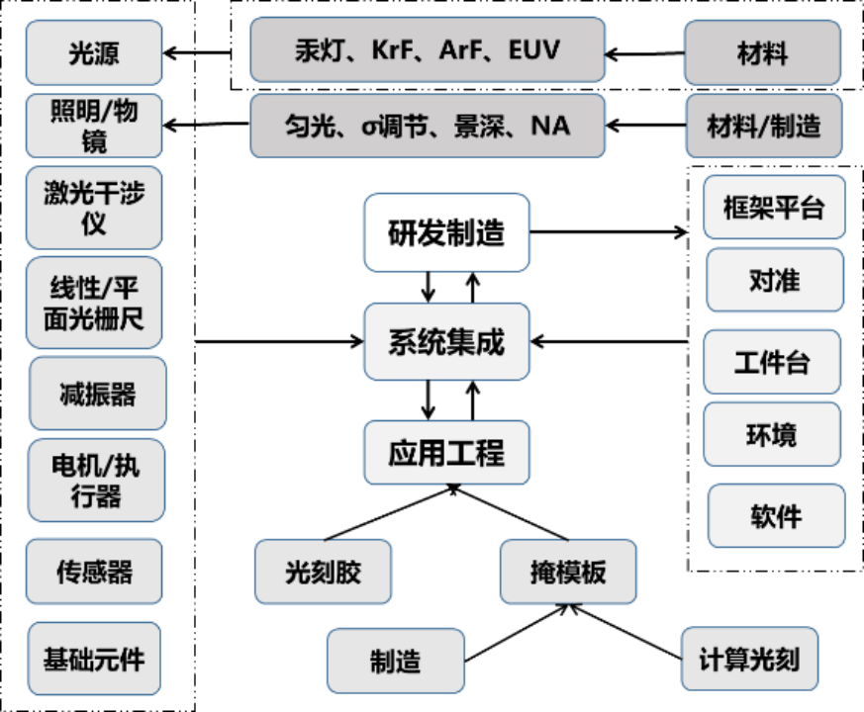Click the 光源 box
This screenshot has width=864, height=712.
tap(94, 53)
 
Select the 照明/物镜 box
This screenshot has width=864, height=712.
tap(94, 126)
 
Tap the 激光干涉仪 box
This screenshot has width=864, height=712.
tap(94, 208)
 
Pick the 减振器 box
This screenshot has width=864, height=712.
tap(98, 395)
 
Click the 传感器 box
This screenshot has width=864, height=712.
tap(94, 572)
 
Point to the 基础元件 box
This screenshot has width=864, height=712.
tap(94, 659)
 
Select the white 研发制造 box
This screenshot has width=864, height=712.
tap(446, 233)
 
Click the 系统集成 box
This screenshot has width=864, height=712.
tap(446, 342)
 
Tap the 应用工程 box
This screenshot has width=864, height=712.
tap(446, 453)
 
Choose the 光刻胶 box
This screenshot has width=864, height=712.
tap(324, 572)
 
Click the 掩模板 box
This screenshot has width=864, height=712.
tap(568, 572)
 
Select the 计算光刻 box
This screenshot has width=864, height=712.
tap(749, 659)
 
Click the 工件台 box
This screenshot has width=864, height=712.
tap(772, 362)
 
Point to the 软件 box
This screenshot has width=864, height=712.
tap(777, 516)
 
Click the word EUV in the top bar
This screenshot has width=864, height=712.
tap(533, 50)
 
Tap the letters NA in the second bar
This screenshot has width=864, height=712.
tap(550, 126)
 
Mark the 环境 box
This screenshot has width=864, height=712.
tap(772, 434)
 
